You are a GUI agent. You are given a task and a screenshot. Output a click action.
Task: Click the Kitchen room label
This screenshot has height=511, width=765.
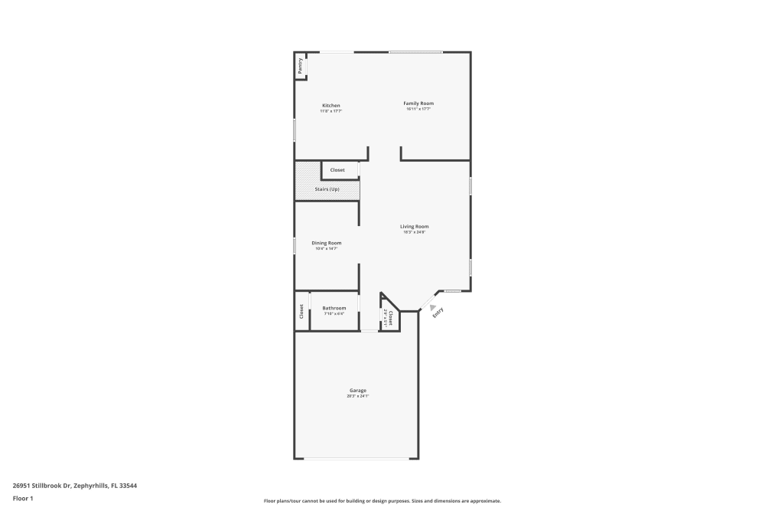pyautogui.click(x=330, y=106)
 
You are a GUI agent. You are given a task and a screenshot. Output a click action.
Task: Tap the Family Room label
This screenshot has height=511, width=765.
pyautogui.click(x=418, y=103)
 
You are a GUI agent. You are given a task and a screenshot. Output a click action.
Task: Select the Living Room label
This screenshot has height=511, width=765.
pyautogui.click(x=414, y=226)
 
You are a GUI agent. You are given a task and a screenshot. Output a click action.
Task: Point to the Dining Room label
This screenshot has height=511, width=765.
pyautogui.click(x=326, y=243)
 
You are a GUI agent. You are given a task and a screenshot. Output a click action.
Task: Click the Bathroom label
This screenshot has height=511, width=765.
pyautogui.click(x=334, y=308)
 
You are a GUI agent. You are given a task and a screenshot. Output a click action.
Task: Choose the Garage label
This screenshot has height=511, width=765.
pyautogui.click(x=357, y=391)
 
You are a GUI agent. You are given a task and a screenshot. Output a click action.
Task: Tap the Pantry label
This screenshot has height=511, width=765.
pyautogui.click(x=301, y=66)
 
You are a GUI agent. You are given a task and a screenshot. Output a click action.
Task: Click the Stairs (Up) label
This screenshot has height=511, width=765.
pyautogui.click(x=327, y=189)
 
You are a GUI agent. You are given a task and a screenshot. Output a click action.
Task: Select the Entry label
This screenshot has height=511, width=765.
pyautogui.click(x=438, y=312)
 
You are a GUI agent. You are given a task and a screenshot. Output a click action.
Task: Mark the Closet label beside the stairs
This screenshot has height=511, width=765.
pyautogui.click(x=337, y=170)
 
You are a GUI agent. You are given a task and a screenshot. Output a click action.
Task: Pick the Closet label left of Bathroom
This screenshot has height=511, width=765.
pyautogui.click(x=301, y=312)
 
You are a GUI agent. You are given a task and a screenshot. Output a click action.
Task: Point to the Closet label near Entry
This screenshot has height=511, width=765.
pyautogui.click(x=390, y=316)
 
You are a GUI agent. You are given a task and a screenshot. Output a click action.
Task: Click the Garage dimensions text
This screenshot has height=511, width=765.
pyautogui.click(x=357, y=396)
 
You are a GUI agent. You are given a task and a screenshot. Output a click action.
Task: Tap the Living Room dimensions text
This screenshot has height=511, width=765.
pyautogui.click(x=414, y=231)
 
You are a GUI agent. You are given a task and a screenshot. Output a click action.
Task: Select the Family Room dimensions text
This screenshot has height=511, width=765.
pyautogui.click(x=418, y=109)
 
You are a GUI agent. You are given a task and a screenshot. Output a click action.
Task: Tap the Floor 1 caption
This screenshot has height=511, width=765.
pyautogui.click(x=23, y=498)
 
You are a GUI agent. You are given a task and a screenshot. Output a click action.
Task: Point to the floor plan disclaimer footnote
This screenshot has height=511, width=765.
pyautogui.click(x=382, y=500)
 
